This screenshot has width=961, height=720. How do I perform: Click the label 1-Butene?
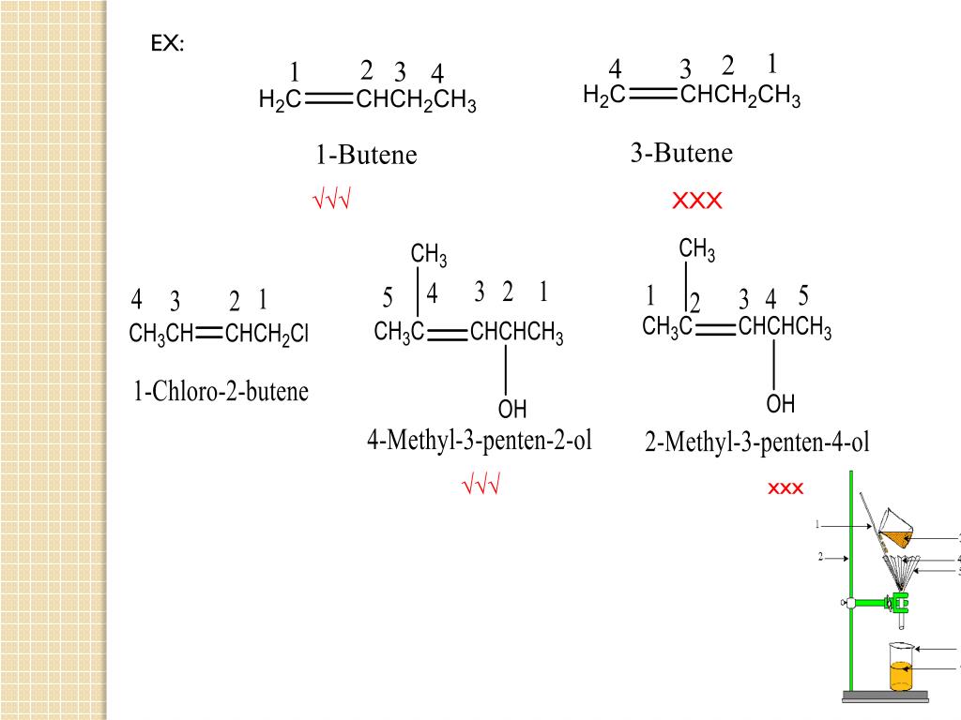coord(366,155)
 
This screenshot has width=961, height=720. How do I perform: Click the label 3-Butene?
coord(681,153)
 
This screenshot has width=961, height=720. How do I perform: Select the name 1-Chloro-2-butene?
coord(221,391)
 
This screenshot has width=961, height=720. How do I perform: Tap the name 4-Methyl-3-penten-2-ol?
coord(480,440)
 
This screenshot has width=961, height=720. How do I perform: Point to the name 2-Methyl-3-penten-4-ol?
coord(757,442)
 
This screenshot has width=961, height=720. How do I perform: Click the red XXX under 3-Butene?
coord(696,201)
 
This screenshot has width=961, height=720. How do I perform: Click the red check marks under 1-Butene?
coord(331,200)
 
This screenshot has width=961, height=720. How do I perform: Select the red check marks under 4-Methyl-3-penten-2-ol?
coord(480,486)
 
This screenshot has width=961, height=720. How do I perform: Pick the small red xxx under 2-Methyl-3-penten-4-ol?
coord(786,488)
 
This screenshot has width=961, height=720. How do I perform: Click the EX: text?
coord(168,44)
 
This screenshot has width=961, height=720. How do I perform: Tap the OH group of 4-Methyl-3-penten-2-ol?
coord(512,410)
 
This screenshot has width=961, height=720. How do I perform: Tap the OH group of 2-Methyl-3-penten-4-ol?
coord(781,405)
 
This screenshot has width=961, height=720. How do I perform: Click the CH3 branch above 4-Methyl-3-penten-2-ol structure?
coord(429,255)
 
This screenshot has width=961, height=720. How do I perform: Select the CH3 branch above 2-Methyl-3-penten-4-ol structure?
coord(697,250)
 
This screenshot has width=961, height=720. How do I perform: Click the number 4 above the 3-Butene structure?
coord(615,69)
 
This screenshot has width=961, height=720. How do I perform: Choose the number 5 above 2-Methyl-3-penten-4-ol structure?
coord(803,296)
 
